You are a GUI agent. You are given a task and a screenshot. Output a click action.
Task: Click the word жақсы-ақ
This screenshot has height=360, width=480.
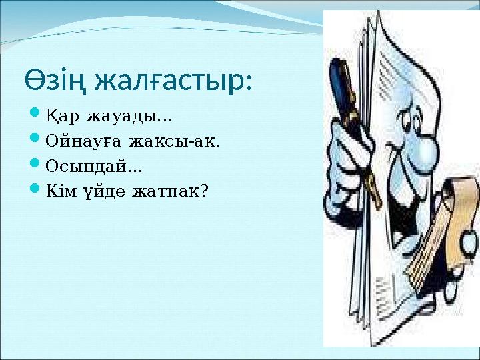(175, 142)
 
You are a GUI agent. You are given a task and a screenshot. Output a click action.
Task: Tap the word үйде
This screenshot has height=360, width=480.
(101, 191)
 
